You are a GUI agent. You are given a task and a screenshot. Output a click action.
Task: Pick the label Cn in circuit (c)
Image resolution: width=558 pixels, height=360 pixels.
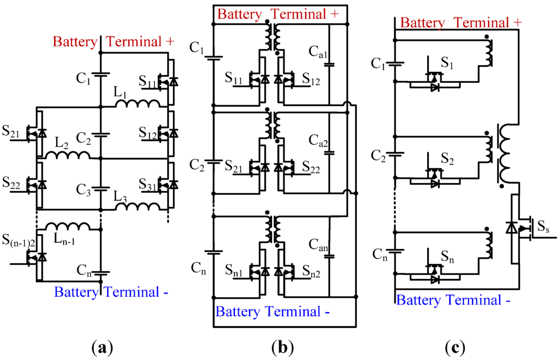[x=379, y=254]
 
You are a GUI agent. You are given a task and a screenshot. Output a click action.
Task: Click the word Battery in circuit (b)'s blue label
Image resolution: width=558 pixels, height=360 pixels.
[x=238, y=312]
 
